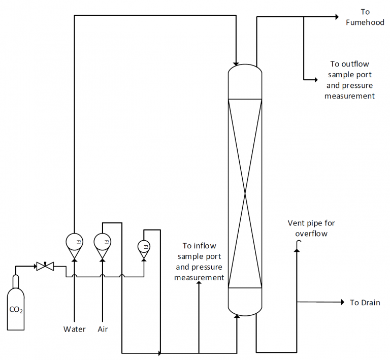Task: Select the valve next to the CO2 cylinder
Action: (x=45, y=266)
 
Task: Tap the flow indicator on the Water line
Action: (x=75, y=241)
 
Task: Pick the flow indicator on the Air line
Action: (x=103, y=241)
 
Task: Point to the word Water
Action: (x=75, y=329)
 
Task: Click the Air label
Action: (x=103, y=329)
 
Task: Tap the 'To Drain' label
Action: (x=365, y=303)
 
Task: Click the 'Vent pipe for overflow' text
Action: (x=311, y=228)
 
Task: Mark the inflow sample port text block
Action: (x=199, y=261)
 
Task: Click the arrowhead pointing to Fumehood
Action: (x=336, y=17)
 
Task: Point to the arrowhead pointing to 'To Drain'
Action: (x=342, y=302)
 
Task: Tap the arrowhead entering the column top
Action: (x=237, y=60)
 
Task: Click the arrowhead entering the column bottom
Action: (x=237, y=317)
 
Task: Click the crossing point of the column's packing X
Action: (x=245, y=193)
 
